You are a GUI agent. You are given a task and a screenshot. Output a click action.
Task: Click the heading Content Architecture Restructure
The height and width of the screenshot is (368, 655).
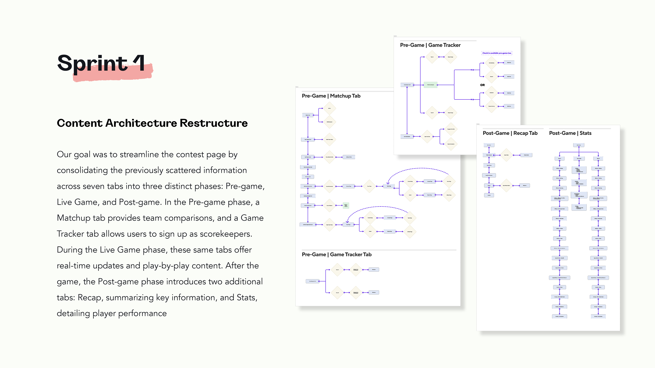coord(152,123)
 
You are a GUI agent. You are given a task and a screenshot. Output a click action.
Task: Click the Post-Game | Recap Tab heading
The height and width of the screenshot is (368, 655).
coord(510,133)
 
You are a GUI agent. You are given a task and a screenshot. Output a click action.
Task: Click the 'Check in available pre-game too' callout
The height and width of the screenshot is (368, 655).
coord(497,53)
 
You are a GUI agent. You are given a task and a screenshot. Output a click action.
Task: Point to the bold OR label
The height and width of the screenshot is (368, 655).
coord(482,85)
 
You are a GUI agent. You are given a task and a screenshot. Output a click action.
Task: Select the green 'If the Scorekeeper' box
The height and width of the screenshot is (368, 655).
coord(431,85)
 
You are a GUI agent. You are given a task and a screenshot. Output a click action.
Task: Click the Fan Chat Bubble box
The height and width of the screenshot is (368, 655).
coord(407,137)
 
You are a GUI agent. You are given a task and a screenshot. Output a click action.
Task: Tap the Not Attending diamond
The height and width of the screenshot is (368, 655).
coord(491,63)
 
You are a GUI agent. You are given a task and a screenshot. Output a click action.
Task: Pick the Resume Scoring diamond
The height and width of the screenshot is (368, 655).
coord(491,106)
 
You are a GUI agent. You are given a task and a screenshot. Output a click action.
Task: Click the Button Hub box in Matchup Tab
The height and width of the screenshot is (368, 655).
coord(308,115)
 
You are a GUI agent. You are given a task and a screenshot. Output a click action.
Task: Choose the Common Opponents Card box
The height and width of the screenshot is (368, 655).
coord(308,225)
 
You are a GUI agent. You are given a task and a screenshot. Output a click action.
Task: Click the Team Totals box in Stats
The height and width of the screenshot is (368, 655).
coord(579,158)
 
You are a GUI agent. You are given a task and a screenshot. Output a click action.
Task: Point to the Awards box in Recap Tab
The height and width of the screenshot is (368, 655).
coord(489,195)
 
